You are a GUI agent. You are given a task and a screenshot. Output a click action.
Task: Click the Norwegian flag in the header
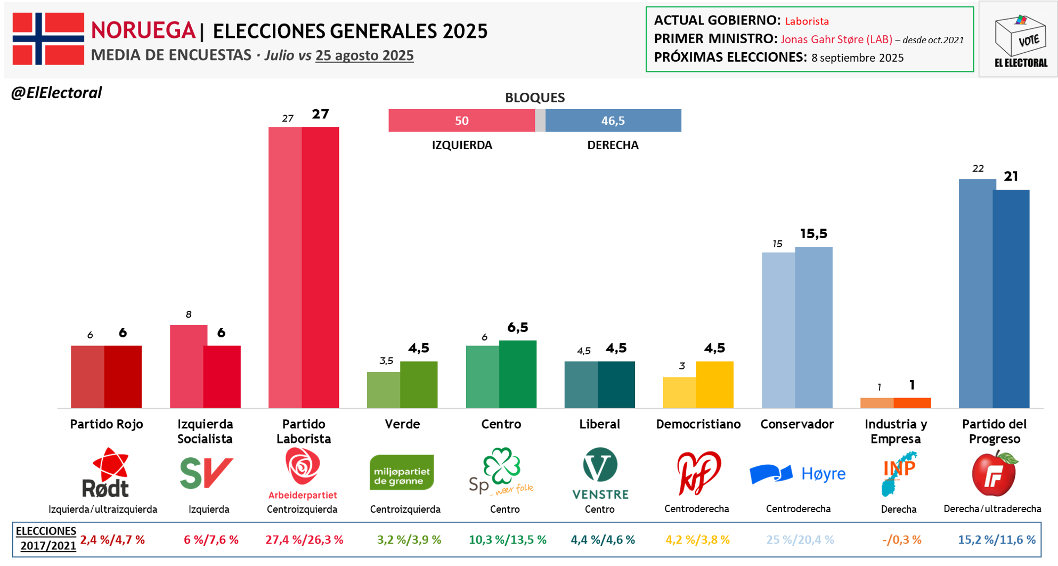48,38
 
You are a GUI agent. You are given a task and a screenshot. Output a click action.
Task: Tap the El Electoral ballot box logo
1020,40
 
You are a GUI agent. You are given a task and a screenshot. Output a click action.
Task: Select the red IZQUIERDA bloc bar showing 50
461,120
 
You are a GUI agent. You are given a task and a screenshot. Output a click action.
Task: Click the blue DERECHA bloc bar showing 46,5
613,120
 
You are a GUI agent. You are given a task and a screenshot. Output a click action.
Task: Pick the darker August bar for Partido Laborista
321,266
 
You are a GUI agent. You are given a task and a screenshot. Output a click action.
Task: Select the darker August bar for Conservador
814,327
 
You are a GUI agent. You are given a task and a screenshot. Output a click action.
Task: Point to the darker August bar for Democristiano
715,384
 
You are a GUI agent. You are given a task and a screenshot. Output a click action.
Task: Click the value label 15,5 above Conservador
813,233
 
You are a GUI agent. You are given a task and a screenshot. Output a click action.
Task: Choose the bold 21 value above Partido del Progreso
1011,176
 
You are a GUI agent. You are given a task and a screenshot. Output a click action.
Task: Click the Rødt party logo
106,473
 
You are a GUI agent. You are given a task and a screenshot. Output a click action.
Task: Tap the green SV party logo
206,472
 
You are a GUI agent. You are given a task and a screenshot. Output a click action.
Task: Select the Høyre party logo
797,473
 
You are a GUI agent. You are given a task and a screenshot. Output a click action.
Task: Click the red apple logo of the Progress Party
995,473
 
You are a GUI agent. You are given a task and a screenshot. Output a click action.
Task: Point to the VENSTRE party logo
600,473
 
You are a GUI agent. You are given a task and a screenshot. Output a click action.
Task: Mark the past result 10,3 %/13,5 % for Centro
507,540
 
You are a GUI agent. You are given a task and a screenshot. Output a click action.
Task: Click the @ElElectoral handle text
56,93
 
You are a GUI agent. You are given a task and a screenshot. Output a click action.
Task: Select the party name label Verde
402,424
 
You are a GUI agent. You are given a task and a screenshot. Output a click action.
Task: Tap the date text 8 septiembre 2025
857,58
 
